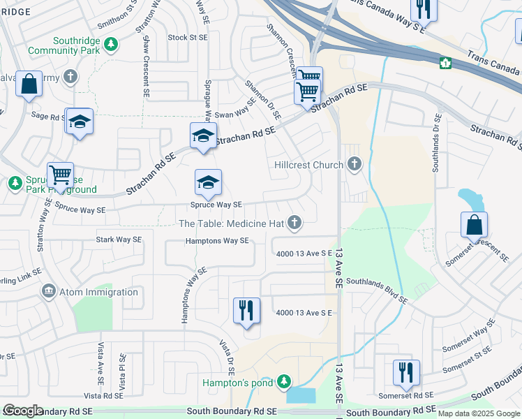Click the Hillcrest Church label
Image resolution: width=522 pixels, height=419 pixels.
(308, 165)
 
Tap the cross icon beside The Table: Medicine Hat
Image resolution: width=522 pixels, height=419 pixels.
(295, 223)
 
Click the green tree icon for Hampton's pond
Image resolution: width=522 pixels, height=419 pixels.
(283, 381)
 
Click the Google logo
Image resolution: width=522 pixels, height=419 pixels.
(23, 411)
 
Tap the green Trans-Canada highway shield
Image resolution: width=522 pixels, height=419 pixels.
(445, 64)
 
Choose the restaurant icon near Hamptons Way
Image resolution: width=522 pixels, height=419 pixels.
(246, 309)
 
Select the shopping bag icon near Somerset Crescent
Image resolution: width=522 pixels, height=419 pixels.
(474, 225)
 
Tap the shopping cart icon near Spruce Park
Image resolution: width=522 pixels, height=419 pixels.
(60, 175)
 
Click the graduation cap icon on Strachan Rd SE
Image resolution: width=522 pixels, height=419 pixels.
(203, 135)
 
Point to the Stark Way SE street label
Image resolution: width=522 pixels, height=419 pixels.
(119, 240)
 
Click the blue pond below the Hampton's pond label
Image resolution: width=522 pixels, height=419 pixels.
(301, 395)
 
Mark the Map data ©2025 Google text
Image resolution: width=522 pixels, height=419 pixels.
(478, 413)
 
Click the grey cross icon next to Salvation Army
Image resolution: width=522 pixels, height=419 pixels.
(70, 75)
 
